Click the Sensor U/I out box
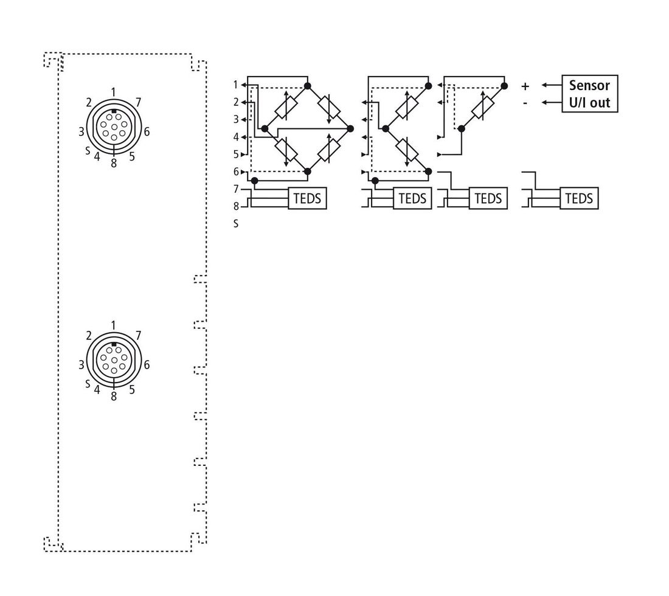[x=590, y=94]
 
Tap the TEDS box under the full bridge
[x=307, y=198]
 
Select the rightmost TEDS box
[x=579, y=198]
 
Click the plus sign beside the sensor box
[x=525, y=86]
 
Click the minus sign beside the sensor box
[x=525, y=103]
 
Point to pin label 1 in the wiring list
[x=235, y=85]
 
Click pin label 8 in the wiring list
[x=236, y=207]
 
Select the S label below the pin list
[x=236, y=224]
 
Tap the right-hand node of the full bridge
[x=350, y=128]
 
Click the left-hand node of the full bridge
[x=265, y=128]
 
